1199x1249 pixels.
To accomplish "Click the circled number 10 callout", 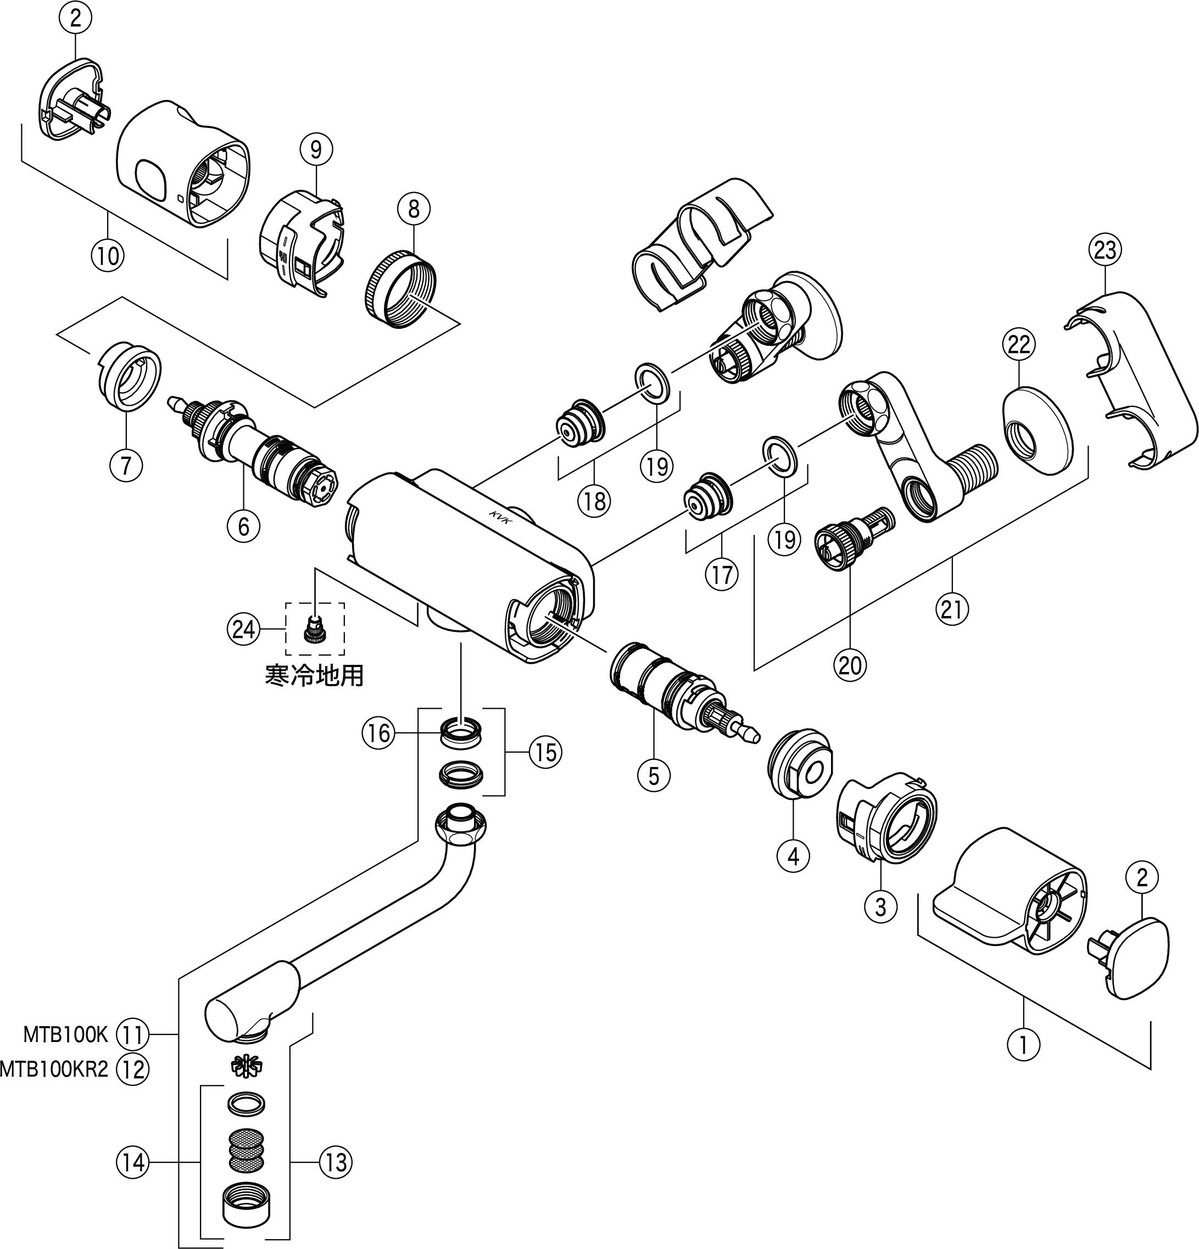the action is [x=108, y=255].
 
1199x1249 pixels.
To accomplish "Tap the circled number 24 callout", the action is [x=243, y=630].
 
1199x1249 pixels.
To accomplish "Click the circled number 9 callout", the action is [x=316, y=149].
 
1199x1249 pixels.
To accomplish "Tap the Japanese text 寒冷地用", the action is [x=314, y=675].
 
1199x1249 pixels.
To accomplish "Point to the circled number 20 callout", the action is [x=850, y=665].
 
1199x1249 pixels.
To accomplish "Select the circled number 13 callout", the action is [x=336, y=1163].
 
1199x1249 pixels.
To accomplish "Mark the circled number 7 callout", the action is [x=126, y=465].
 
